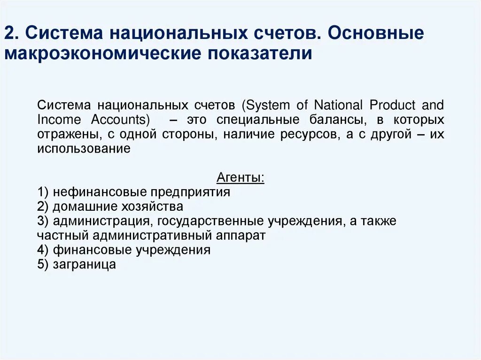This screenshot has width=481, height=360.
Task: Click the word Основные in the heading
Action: (373, 33)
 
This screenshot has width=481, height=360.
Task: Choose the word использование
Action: (84, 149)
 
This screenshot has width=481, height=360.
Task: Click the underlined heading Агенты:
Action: (240, 178)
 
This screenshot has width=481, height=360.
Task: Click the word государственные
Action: (212, 221)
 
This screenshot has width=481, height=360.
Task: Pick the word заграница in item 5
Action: (84, 264)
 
